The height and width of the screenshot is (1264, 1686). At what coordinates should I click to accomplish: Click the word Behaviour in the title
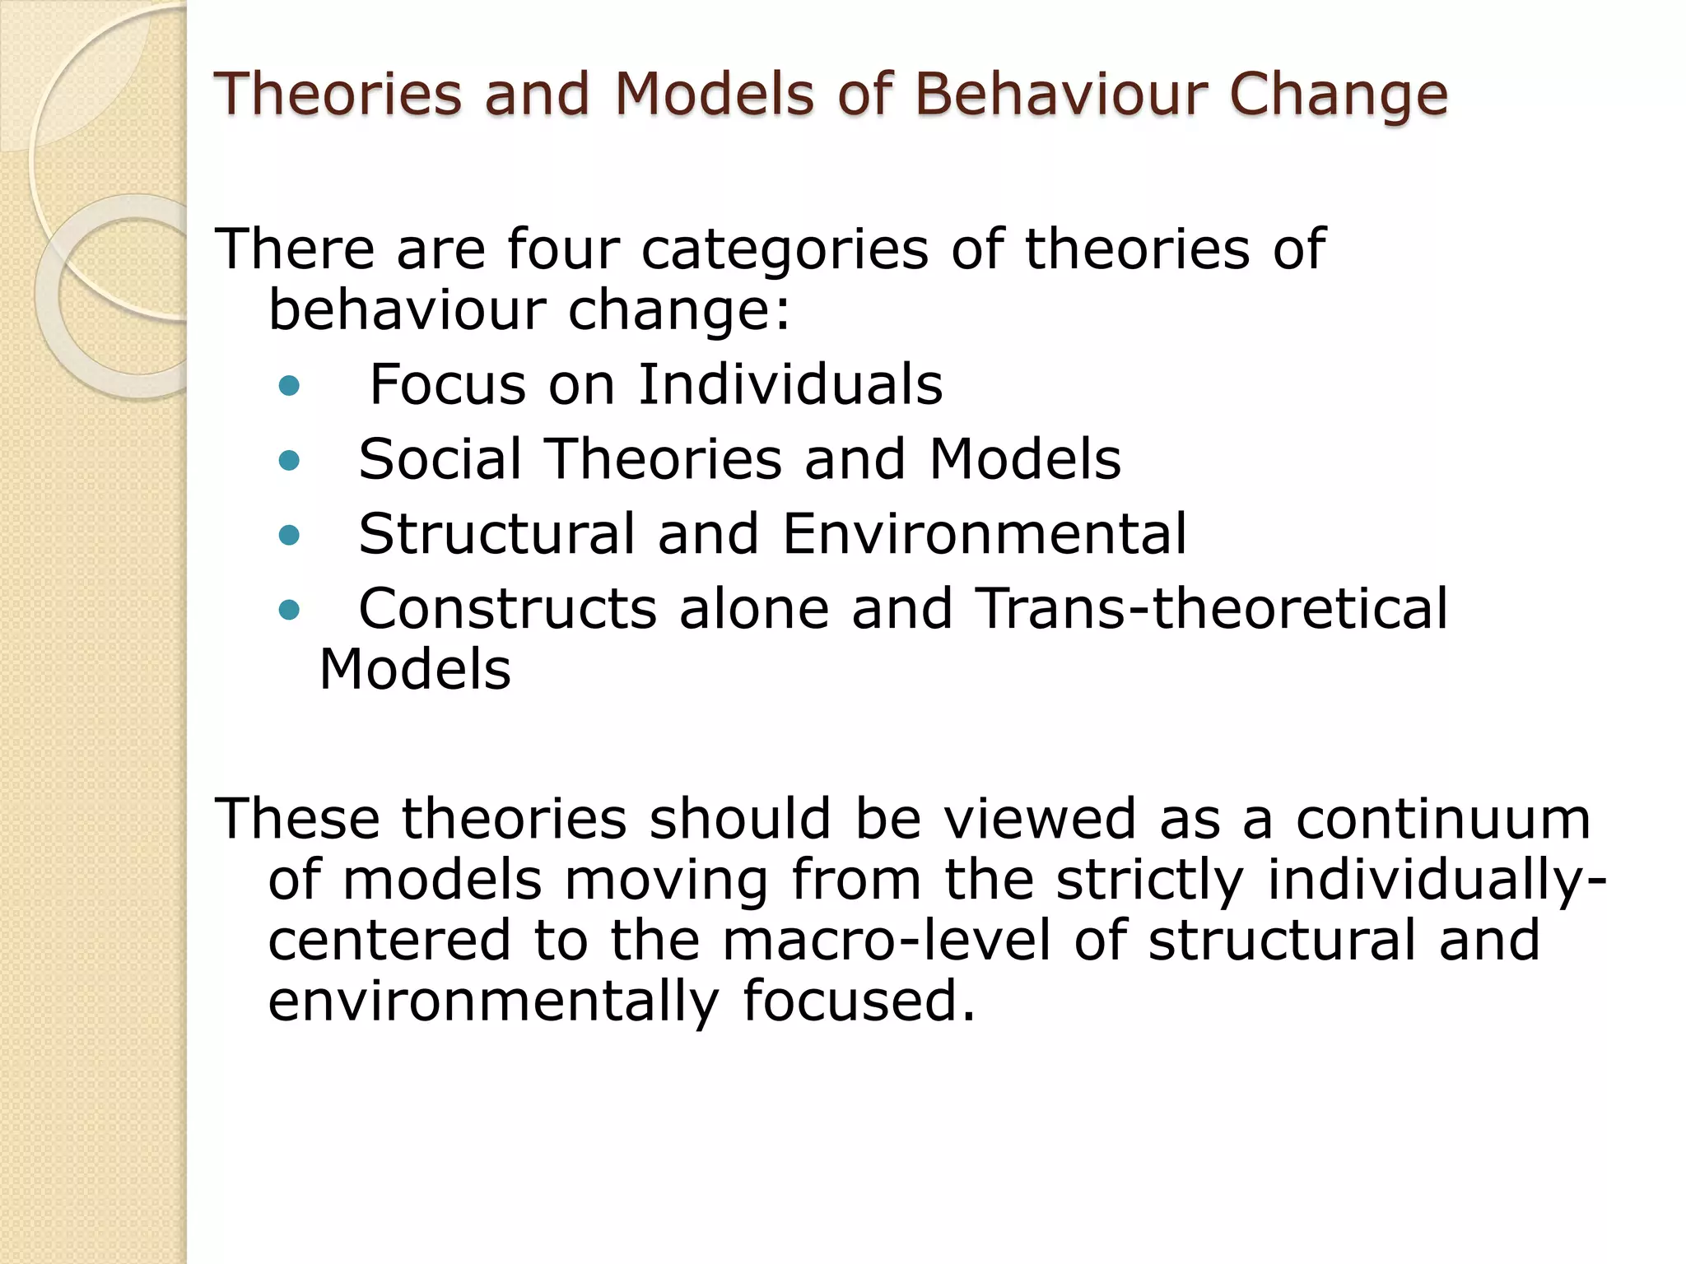pos(1060,94)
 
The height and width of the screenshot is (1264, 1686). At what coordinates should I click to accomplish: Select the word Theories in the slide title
pos(338,94)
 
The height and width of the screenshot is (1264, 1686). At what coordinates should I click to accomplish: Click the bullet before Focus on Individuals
pos(289,386)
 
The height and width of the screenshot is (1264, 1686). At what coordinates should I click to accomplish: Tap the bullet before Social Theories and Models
pos(289,460)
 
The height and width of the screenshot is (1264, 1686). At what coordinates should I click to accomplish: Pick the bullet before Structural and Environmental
pos(289,536)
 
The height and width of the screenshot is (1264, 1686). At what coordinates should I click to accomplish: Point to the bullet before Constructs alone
pos(289,610)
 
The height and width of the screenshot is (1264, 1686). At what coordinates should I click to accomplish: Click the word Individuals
pos(790,384)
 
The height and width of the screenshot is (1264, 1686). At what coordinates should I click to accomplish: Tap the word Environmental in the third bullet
pos(984,534)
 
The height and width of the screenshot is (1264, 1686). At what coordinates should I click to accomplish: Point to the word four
pos(563,249)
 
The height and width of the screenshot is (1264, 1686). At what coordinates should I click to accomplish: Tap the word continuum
pos(1443,820)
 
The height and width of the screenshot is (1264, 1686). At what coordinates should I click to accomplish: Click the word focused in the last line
pos(859,1001)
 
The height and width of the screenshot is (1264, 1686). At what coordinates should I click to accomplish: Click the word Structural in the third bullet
pos(497,534)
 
